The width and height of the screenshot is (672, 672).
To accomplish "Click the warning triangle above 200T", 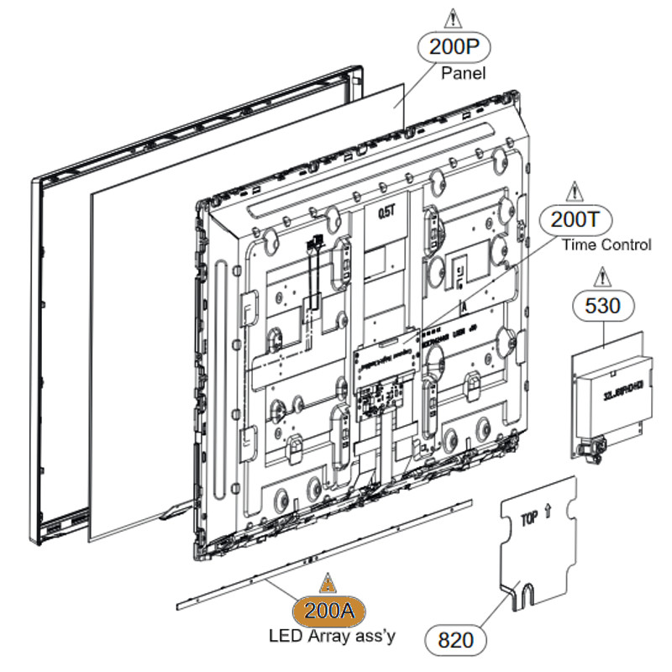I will coord(575,191).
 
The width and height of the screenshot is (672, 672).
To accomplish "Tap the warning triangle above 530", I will coord(601,276).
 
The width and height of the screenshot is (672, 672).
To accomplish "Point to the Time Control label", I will coord(606,245).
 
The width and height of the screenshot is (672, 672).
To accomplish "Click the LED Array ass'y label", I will coord(331,636).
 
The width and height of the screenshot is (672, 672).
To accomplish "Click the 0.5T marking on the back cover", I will coord(386,213).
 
